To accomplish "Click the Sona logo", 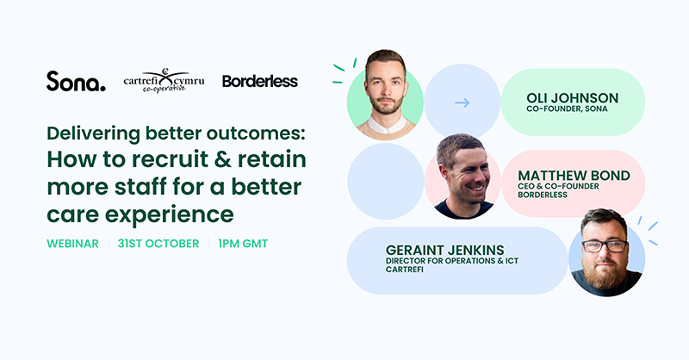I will tap(76, 81).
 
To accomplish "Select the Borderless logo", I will tap(259, 81).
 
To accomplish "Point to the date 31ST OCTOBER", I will tap(158, 244).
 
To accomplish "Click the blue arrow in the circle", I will tap(462, 102).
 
